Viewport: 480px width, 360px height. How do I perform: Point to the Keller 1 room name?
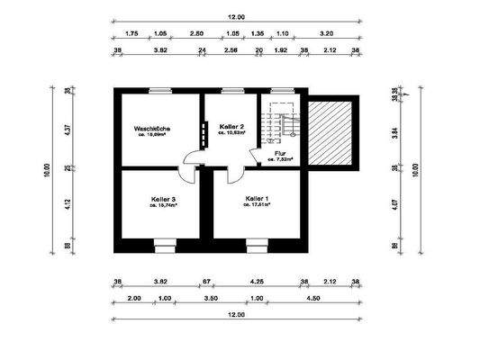coord(257,197)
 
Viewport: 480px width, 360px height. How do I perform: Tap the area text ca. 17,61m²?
coord(257,205)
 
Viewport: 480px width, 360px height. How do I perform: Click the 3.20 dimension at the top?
coord(326,32)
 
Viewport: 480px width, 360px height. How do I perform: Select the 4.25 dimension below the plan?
coord(257,283)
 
